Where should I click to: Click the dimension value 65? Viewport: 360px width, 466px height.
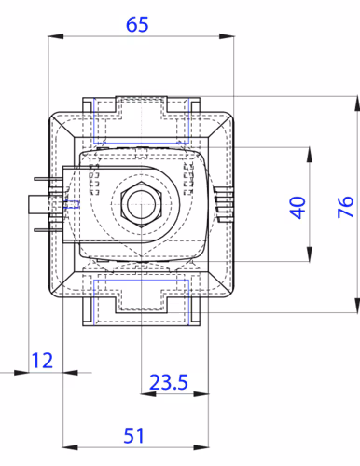pyautogui.click(x=137, y=24)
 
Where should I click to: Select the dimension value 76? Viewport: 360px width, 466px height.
pyautogui.click(x=345, y=207)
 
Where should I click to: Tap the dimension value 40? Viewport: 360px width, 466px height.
pyautogui.click(x=298, y=208)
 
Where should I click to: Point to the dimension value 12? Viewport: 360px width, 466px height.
pyautogui.click(x=42, y=361)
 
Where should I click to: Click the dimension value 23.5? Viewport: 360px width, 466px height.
pyautogui.click(x=169, y=382)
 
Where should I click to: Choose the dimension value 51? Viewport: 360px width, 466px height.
pyautogui.click(x=133, y=436)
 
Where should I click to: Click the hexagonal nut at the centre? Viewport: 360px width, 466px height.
pyautogui.click(x=141, y=204)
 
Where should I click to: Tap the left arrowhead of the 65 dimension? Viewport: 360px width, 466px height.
pyautogui.click(x=56, y=36)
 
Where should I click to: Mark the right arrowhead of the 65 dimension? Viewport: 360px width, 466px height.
pyautogui.click(x=227, y=36)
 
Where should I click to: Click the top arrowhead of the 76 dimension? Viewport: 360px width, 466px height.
pyautogui.click(x=357, y=103)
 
